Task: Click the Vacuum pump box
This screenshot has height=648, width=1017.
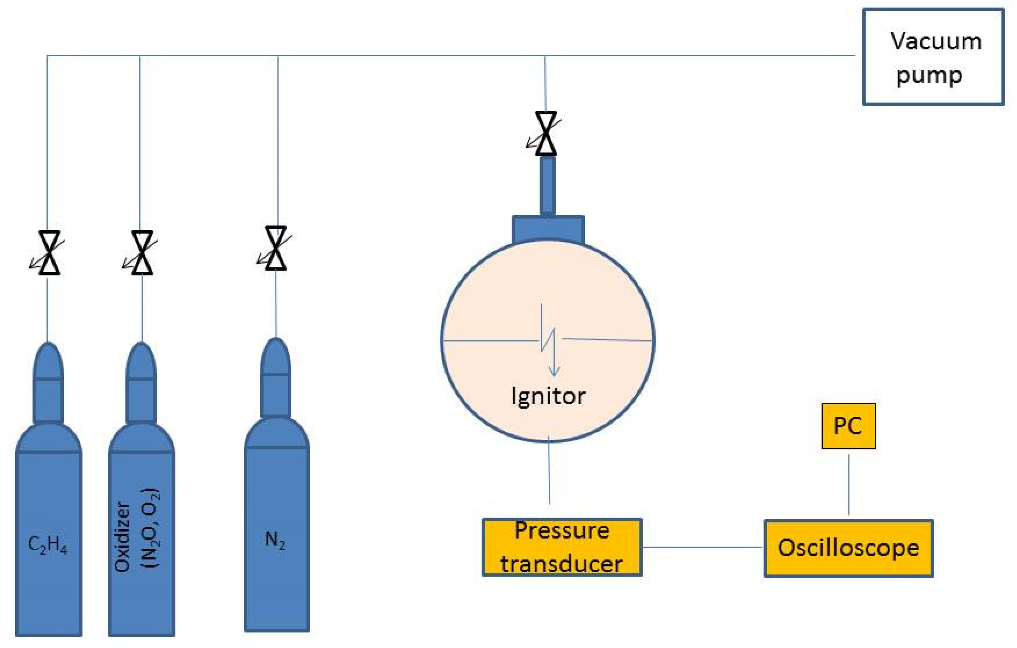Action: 933,57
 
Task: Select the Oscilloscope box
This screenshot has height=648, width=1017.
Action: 848,548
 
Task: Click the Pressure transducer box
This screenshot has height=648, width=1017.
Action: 562,547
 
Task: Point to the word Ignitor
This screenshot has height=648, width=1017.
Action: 548,396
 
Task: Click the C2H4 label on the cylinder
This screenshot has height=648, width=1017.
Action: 47,544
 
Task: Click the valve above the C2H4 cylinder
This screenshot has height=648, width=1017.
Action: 49,253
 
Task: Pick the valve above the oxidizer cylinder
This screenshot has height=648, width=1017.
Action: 142,253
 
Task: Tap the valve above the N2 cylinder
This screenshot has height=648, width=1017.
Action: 276,248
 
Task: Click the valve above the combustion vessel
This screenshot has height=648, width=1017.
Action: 546,133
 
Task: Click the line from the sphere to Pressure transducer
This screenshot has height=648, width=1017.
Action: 549,473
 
